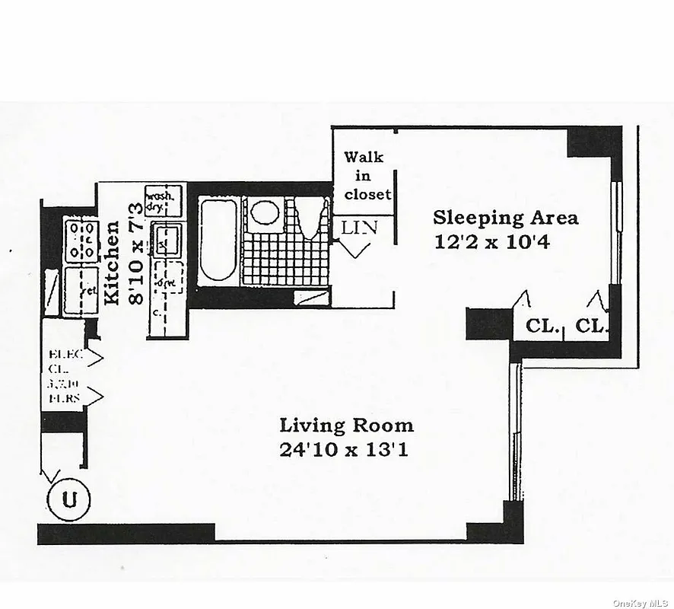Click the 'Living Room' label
(x=346, y=426)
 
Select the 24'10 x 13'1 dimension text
(x=344, y=450)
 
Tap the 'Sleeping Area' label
(x=505, y=218)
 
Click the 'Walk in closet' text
(x=367, y=176)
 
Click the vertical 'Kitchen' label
(x=112, y=263)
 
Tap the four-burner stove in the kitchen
(x=81, y=240)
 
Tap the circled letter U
(x=69, y=500)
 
